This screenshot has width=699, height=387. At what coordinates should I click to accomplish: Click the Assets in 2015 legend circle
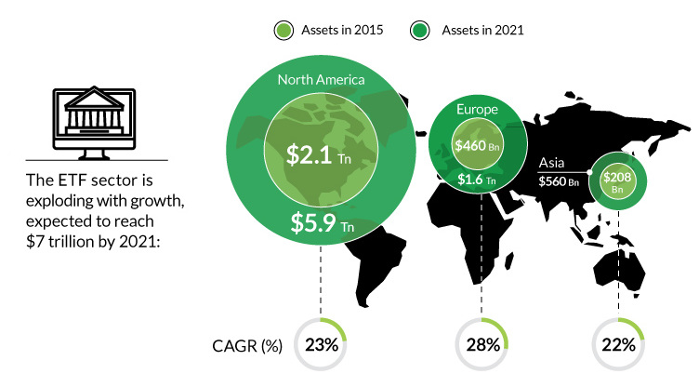tap(284, 31)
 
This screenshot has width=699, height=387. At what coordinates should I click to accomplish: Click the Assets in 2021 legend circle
tap(419, 31)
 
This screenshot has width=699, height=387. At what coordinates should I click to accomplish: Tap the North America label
tap(321, 80)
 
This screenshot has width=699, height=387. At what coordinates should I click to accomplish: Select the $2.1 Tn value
tap(318, 154)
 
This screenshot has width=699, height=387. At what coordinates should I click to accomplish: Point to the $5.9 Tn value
tap(323, 222)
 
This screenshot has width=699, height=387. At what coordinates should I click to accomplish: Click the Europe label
tap(477, 110)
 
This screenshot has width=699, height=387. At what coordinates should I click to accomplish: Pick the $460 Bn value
tap(477, 146)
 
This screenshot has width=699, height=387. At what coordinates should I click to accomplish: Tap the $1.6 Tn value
tap(477, 180)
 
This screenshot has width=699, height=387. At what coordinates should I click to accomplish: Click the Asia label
tap(551, 163)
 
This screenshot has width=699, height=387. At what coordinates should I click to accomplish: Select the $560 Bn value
tap(559, 181)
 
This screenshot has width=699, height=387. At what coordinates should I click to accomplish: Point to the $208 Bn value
tap(617, 182)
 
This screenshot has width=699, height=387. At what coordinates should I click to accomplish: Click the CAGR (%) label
tap(247, 346)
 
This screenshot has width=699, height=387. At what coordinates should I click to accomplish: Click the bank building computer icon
tap(94, 123)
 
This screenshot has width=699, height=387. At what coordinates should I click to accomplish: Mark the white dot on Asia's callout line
tap(589, 172)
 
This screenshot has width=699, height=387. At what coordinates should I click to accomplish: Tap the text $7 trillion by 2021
tap(93, 242)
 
